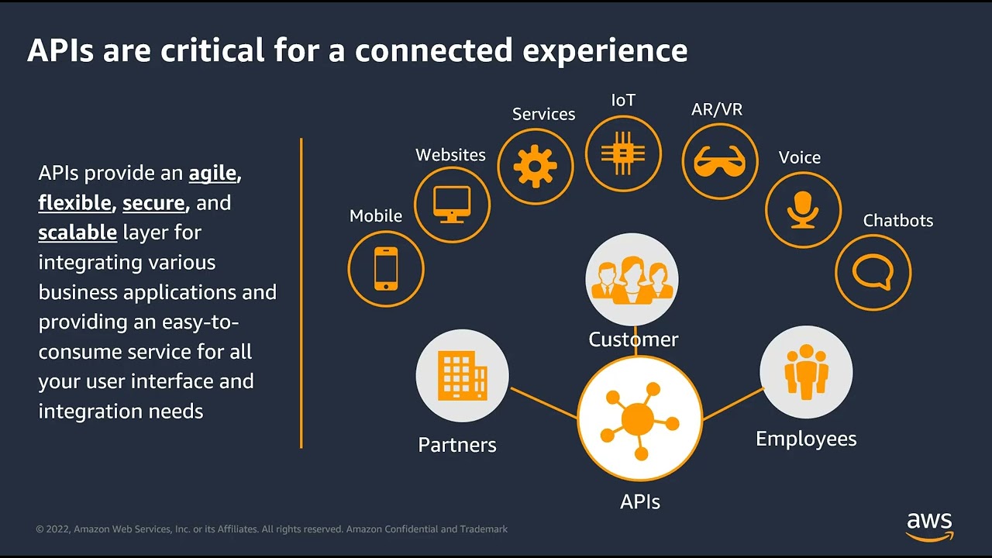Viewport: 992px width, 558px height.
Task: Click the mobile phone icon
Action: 386,269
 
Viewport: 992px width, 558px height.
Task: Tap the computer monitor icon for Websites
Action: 452,205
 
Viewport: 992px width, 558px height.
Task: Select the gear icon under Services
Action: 536,166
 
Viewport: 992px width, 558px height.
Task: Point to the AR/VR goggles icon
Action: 719,162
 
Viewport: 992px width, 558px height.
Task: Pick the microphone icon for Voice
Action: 803,210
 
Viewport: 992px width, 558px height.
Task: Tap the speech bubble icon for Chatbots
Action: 873,273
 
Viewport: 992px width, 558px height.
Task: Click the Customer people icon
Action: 632,280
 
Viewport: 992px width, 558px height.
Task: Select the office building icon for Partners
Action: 462,376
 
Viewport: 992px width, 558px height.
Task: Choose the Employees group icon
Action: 806,372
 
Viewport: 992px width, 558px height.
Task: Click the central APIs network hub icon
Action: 639,419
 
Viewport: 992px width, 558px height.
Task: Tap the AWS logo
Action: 929,526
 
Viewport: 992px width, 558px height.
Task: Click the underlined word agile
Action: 212,173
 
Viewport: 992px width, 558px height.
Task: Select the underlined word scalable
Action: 77,232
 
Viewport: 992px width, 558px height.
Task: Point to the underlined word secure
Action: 153,203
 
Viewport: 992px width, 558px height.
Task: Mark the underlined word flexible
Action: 74,203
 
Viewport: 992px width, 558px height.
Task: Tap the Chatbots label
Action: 897,221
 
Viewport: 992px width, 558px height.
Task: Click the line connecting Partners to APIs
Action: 543,403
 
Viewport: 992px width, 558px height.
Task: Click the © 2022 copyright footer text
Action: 271,529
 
